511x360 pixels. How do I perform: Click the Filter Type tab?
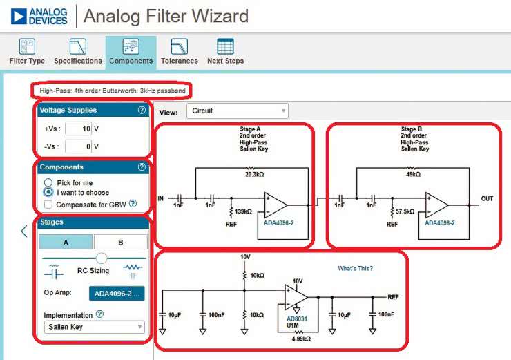27,53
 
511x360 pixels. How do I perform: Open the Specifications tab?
78,53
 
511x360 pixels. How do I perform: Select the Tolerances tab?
179,53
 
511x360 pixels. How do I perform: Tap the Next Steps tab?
225,53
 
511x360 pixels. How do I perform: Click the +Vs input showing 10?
79,129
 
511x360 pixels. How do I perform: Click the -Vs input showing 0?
79,146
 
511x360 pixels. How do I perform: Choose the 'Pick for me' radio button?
48,182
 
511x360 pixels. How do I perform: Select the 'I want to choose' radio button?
48,192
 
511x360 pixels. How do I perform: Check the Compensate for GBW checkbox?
48,204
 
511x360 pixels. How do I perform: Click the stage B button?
120,242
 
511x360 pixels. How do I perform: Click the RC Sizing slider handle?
102,258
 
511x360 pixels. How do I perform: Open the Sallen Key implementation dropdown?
94,327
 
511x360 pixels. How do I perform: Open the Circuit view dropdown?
238,111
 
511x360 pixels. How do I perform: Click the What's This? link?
355,268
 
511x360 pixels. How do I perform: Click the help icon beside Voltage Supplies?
142,110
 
